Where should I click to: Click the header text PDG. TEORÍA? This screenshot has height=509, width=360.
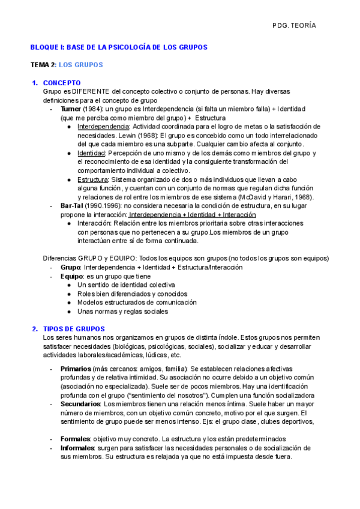tap(294, 26)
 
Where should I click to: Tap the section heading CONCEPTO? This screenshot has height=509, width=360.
tap(62, 83)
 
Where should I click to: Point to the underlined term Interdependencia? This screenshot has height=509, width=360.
tap(103, 127)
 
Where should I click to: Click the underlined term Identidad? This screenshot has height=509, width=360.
tap(91, 153)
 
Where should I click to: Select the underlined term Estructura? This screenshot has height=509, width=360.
tap(92, 179)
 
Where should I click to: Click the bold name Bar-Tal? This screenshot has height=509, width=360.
tap(73, 206)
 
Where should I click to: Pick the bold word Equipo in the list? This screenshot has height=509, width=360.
tap(71, 276)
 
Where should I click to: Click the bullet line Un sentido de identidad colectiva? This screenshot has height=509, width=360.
tap(126, 285)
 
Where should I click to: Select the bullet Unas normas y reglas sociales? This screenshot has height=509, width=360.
tap(122, 312)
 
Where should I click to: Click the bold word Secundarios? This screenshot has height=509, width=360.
tap(80, 404)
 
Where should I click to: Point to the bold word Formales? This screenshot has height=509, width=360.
tap(75, 439)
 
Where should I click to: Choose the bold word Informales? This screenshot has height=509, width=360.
tap(77, 448)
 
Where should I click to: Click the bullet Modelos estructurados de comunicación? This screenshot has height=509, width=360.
tap(137, 303)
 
